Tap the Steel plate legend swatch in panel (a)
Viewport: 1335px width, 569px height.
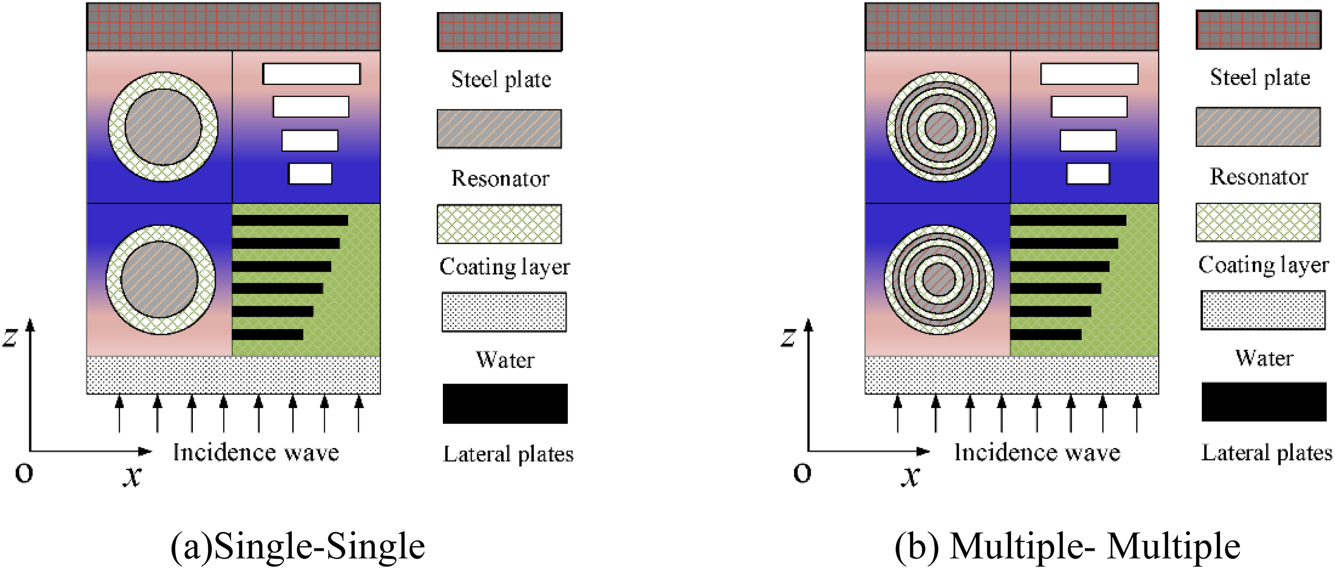500,32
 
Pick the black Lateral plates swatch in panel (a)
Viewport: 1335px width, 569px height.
505,404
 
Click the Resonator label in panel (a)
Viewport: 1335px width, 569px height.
500,178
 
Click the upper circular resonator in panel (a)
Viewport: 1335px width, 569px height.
163,127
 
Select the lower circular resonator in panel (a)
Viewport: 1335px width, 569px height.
161,279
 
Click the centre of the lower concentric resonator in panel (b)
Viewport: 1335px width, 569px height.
939,279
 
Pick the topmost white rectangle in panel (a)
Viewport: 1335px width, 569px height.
311,74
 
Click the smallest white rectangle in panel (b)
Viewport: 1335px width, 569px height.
1088,174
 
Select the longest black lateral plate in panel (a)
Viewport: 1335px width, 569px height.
290,220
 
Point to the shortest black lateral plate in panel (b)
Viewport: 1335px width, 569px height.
1046,335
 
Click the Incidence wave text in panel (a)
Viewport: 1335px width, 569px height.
256,452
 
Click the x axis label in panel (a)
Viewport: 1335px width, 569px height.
133,475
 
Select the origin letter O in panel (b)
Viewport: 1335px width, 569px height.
802,473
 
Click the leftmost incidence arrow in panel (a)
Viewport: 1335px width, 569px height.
120,414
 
